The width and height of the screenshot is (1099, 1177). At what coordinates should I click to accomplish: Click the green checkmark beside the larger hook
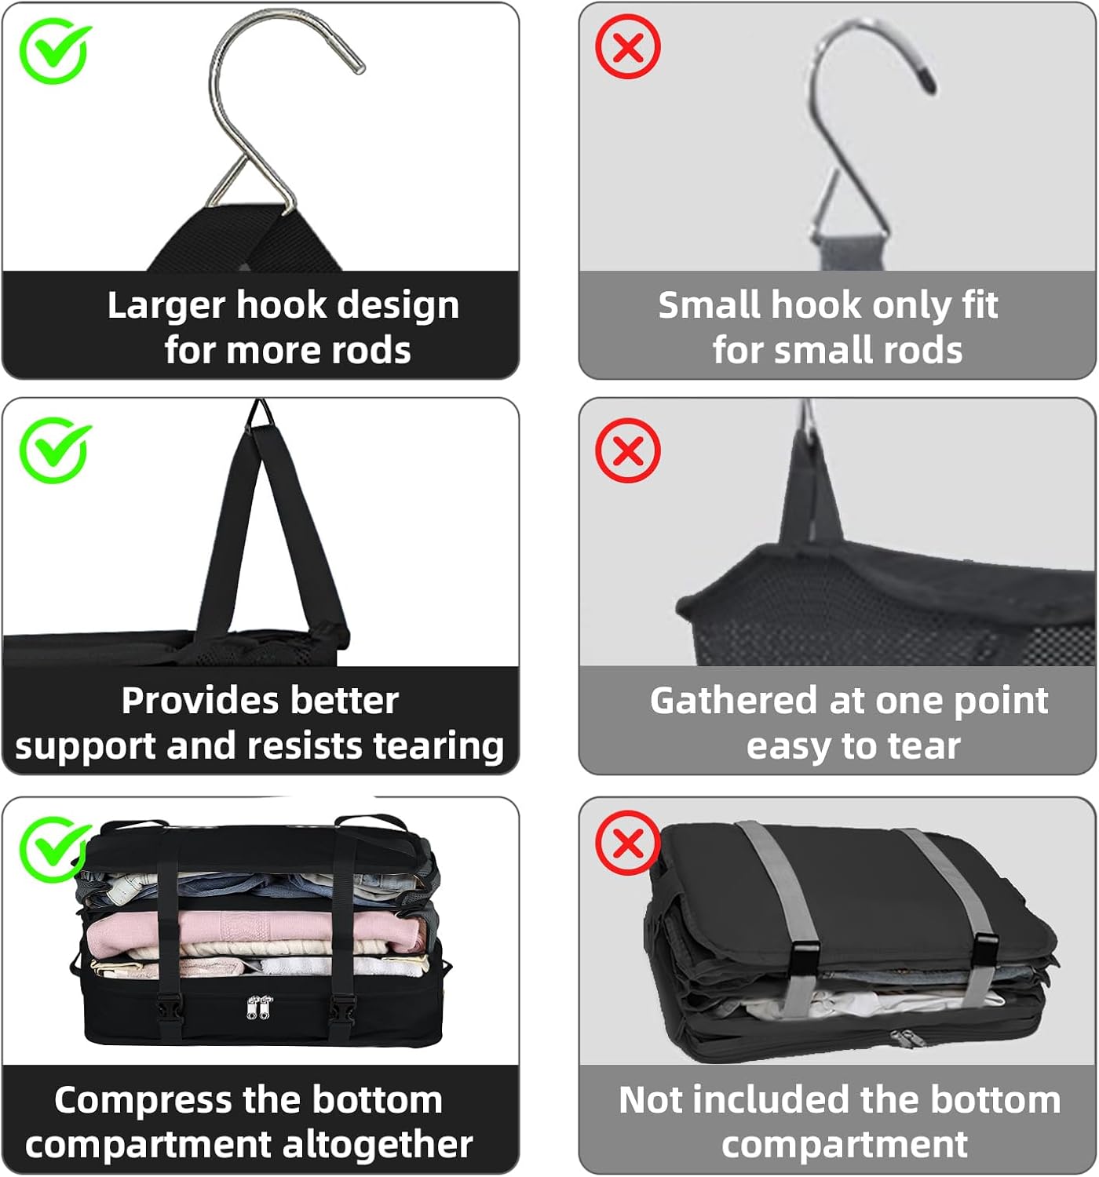click(54, 51)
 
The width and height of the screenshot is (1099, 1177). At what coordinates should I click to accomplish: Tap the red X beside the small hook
click(627, 47)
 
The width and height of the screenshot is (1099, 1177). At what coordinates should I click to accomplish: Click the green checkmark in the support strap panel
click(54, 450)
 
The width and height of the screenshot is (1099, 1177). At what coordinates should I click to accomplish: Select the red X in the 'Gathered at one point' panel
click(627, 450)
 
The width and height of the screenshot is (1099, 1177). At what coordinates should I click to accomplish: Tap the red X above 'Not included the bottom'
click(627, 844)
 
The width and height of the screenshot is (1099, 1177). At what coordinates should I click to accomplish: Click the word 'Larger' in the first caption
click(165, 306)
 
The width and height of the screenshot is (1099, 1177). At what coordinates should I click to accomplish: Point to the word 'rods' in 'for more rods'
click(373, 351)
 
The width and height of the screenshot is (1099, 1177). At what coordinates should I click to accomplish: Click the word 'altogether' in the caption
click(377, 1145)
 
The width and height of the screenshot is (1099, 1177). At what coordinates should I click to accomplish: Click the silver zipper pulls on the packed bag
click(259, 1007)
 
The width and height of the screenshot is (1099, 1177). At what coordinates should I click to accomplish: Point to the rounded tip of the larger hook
click(356, 67)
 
